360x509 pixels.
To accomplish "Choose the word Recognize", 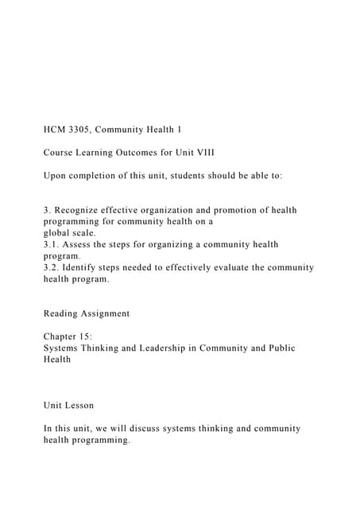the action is click(x=83, y=210).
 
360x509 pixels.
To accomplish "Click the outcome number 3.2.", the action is click(x=52, y=268).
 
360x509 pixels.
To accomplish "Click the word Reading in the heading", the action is click(x=64, y=313).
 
